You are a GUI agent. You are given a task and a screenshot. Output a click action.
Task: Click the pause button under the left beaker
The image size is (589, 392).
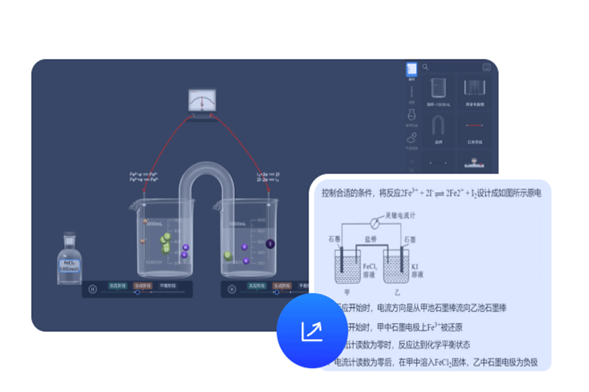coord(92,289)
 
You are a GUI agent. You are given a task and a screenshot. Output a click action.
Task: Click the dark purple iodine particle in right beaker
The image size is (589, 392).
coord(269,243)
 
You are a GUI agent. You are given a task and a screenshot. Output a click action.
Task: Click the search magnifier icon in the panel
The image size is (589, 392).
coord(426,68)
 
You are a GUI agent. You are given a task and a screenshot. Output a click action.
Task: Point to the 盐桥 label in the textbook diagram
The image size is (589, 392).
coord(375,239)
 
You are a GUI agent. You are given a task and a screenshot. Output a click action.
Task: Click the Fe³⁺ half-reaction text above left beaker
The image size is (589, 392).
coord(144,177)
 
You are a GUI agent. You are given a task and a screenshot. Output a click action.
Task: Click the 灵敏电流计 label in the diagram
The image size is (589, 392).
coord(402,215)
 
